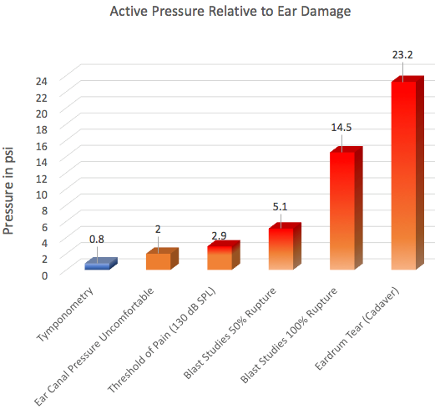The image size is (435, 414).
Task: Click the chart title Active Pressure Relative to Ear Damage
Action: click(x=230, y=12)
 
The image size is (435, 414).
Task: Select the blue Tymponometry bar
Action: click(x=101, y=264)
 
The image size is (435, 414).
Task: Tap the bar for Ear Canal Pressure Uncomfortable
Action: click(x=162, y=259)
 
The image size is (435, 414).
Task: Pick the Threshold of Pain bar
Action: click(x=223, y=255)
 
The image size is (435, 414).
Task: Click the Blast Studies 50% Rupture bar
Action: click(x=285, y=246)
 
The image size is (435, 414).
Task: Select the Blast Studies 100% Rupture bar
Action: click(x=346, y=208)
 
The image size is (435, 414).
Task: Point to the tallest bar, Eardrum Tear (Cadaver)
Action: click(x=407, y=173)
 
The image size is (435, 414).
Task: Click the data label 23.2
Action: click(x=402, y=55)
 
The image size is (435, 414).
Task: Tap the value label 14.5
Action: click(x=341, y=128)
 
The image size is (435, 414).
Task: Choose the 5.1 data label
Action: click(x=280, y=207)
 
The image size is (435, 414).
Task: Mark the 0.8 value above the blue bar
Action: click(x=97, y=239)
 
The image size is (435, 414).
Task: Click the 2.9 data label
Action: click(x=219, y=235)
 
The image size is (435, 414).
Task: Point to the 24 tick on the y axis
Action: click(x=42, y=81)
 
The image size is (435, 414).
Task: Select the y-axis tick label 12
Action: click(x=42, y=179)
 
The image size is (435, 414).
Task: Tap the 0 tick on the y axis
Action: click(x=44, y=275)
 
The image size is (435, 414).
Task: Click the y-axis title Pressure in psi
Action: click(x=8, y=191)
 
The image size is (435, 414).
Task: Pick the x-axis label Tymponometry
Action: click(x=65, y=315)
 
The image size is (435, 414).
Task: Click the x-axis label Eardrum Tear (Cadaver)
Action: click(x=357, y=328)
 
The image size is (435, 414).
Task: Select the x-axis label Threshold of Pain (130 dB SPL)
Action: click(x=162, y=340)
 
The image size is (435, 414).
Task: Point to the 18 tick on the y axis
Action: click(x=42, y=130)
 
